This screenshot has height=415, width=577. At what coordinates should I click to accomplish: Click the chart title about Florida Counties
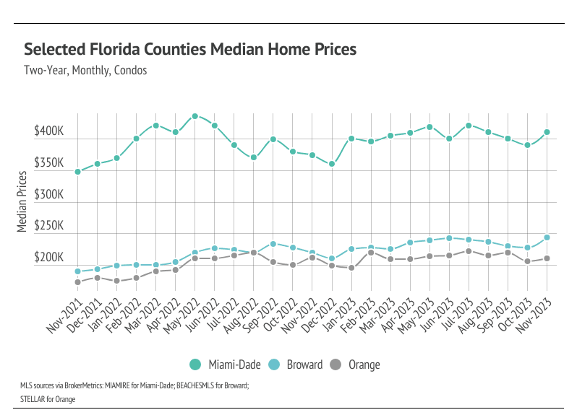click(x=190, y=49)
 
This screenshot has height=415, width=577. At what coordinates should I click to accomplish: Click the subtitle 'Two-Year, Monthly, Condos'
click(x=85, y=71)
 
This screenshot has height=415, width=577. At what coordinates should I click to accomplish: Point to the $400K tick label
click(x=50, y=133)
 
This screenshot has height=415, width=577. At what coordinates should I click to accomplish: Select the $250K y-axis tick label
click(x=50, y=227)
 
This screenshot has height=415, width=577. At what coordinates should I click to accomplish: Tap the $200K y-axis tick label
click(x=50, y=258)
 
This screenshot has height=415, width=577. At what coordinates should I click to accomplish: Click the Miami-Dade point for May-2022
click(x=195, y=116)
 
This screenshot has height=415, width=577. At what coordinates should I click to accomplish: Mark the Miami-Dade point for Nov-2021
click(x=77, y=172)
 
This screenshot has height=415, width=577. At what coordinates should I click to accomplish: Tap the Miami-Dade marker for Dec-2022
click(x=332, y=164)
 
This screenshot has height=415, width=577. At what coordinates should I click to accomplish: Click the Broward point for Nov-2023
click(x=547, y=237)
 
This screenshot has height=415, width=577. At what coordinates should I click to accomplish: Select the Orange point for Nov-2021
click(x=77, y=282)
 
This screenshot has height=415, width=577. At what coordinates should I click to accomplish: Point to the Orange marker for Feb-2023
click(x=371, y=253)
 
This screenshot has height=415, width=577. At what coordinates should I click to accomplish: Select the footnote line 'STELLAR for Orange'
click(x=47, y=398)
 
